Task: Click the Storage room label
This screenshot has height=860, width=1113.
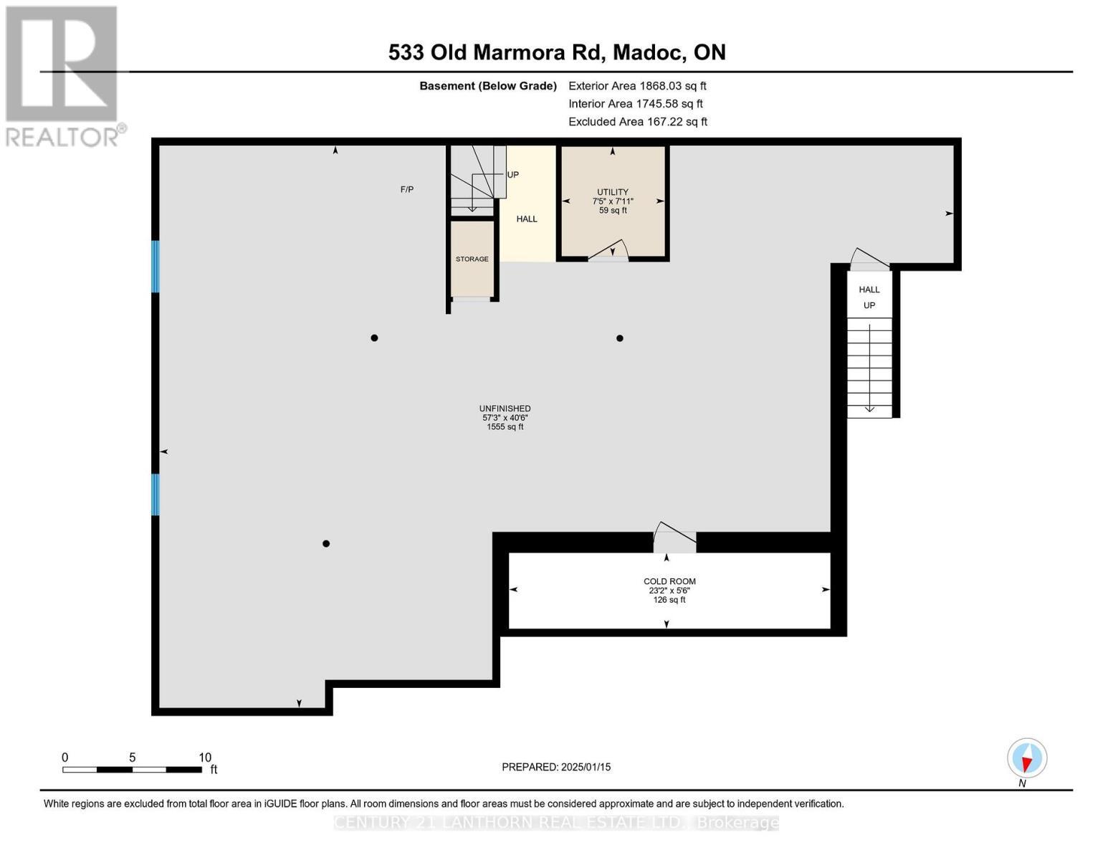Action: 472,259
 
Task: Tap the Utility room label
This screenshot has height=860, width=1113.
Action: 612,192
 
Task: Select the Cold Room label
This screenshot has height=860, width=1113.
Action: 669,581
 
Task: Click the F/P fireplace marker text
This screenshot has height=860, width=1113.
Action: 406,189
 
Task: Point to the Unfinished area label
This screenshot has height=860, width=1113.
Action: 505,408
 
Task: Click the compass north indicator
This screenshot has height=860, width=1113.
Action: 1026,758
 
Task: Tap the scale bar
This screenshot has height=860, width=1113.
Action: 132,769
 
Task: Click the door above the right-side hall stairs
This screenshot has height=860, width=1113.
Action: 869,259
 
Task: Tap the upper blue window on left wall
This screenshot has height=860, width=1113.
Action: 155,267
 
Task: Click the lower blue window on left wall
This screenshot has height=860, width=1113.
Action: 155,494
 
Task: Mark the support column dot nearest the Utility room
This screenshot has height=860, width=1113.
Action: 619,338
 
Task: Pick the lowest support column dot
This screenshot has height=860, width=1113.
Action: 325,543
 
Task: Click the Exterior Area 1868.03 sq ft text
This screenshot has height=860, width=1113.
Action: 637,86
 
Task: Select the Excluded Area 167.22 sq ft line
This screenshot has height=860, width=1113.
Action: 637,122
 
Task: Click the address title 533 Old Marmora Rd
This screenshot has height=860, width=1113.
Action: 556,52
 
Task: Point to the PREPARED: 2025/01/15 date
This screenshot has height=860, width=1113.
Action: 555,767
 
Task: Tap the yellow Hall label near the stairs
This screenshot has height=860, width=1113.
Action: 526,219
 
